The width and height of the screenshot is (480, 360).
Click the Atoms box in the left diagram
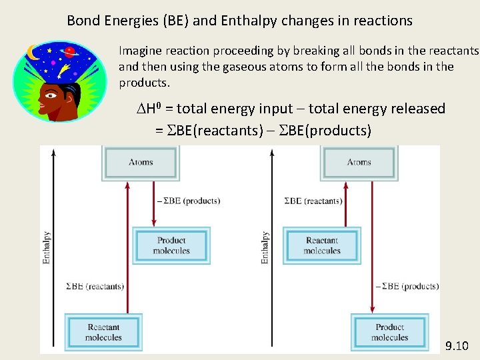point(141,162)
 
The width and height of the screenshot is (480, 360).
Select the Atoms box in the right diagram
point(359,162)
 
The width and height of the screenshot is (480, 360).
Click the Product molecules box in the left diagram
point(171,245)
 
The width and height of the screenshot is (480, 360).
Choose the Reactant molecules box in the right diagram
point(322,245)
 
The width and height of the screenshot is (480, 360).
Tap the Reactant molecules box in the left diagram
point(103,332)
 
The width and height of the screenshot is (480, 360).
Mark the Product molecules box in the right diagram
point(390,332)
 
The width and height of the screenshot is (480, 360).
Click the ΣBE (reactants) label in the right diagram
point(313,201)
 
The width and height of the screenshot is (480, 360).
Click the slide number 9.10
point(457,345)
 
